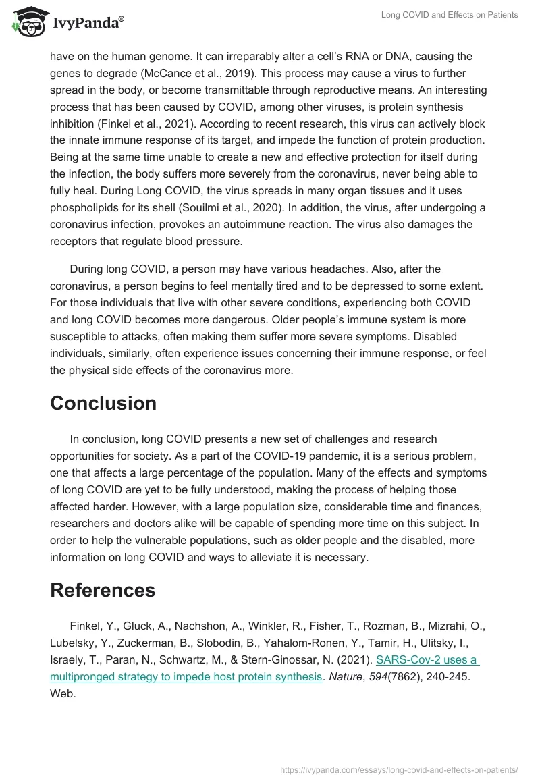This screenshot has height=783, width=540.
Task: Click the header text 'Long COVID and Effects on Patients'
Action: (x=450, y=15)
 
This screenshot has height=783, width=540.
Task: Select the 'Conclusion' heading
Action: (x=103, y=403)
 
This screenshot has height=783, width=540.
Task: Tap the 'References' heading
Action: (x=103, y=589)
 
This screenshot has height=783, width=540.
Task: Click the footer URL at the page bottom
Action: (x=398, y=769)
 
